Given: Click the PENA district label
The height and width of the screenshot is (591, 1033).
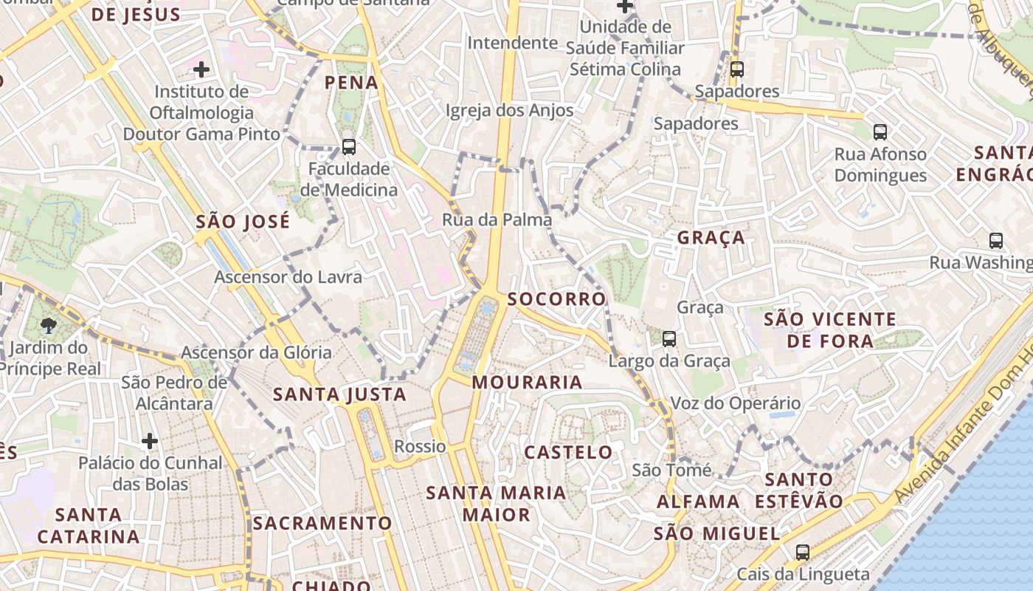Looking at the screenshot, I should [x=352, y=82].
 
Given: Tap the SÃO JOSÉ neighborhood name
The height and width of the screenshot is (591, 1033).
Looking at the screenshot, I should [x=243, y=222].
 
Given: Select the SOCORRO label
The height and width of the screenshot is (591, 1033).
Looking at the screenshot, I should [x=557, y=299].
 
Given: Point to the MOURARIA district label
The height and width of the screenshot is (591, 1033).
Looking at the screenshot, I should [x=527, y=382].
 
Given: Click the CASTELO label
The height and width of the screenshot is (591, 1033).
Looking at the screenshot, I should [x=568, y=452].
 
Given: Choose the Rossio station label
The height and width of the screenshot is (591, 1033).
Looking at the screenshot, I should [x=420, y=446].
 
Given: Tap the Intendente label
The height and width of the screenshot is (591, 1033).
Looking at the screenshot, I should [x=512, y=43].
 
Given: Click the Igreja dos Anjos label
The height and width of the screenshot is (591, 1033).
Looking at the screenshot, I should [x=509, y=111].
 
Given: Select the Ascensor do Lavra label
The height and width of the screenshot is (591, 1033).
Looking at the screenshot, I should [x=288, y=277].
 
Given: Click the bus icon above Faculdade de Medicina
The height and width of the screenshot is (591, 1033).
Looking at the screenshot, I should [x=349, y=146].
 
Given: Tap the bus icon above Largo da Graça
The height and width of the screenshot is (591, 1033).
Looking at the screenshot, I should [x=669, y=339].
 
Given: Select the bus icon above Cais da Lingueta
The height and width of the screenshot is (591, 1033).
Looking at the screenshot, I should [x=802, y=552].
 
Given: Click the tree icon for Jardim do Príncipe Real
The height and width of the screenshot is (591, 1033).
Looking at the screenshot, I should [x=48, y=325].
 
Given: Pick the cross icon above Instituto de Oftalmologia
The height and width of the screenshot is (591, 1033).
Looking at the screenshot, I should [x=201, y=70].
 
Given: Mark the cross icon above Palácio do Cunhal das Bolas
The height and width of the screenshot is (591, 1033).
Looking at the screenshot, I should [x=150, y=442].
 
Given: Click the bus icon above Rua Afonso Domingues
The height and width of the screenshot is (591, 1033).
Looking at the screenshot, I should [x=880, y=132].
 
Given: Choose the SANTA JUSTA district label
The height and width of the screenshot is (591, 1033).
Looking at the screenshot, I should [x=339, y=394].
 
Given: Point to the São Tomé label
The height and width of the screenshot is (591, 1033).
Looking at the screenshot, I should [x=671, y=471].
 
